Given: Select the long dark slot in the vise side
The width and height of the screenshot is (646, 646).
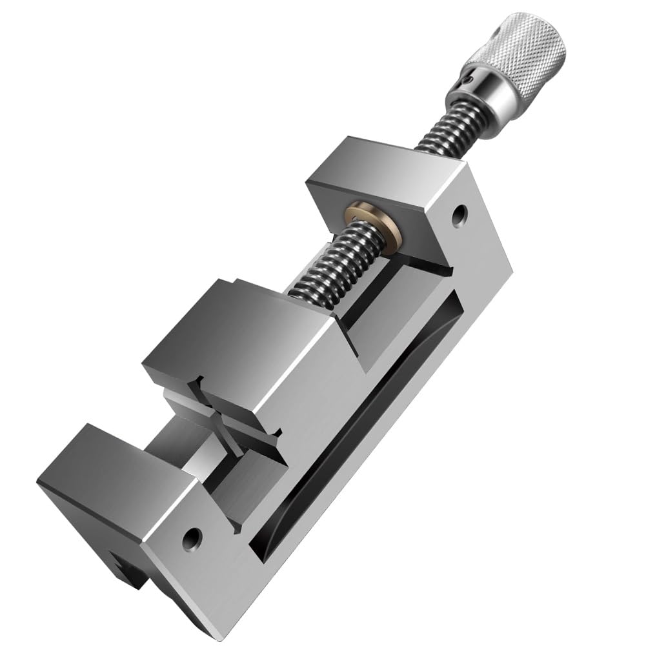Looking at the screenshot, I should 361,419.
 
